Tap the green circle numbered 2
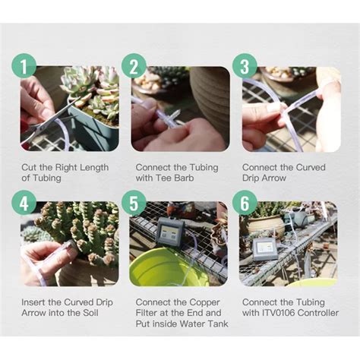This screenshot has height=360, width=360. [134, 67]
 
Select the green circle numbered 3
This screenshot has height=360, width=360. [245, 67]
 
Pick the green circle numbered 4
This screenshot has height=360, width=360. [24, 203]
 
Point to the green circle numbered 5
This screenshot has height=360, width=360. [134, 203]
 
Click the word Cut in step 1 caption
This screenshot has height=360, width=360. [29, 167]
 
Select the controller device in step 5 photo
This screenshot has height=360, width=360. [169, 232]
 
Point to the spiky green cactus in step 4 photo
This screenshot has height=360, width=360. [80, 228]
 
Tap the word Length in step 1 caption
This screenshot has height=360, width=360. [92, 167]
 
